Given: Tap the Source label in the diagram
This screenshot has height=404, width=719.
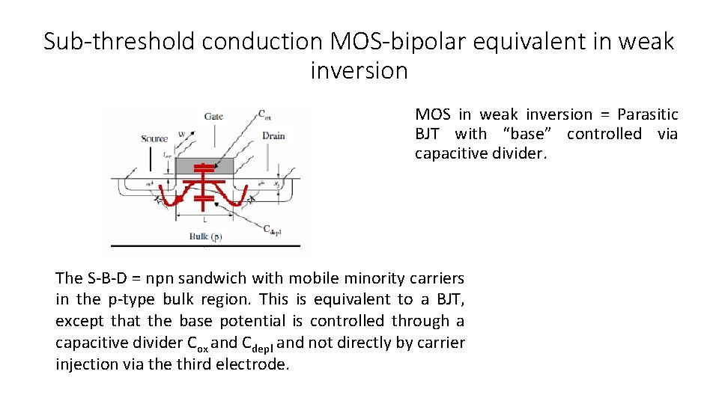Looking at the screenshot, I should coord(154,138).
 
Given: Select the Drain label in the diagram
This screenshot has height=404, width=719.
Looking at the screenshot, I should coord(273,135).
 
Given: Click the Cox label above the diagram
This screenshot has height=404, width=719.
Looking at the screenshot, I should coord(265,114).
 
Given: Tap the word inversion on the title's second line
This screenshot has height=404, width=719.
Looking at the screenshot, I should coord(359,71).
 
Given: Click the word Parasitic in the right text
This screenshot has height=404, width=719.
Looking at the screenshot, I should coord(647,114).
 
